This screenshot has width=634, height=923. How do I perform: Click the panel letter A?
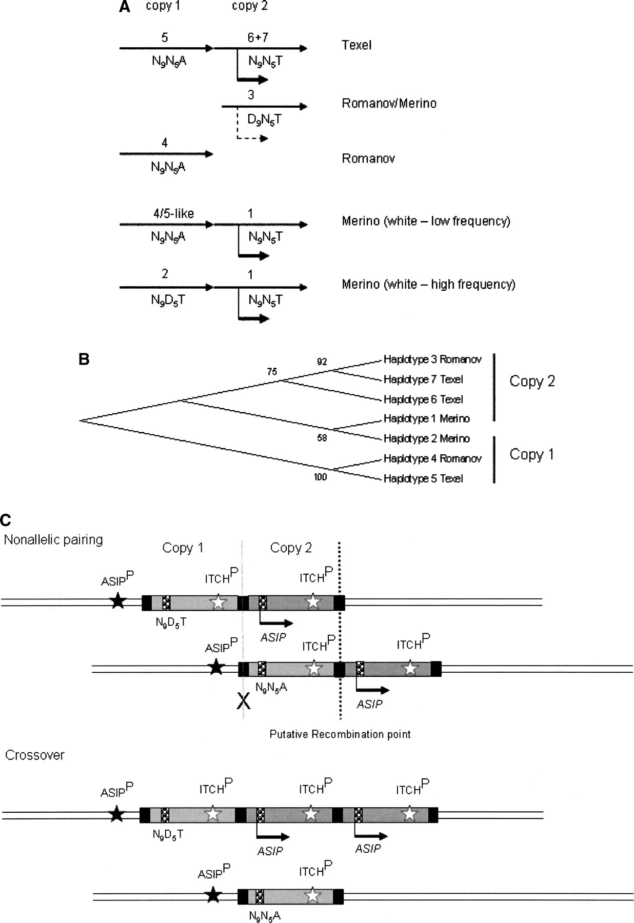[x=124, y=7]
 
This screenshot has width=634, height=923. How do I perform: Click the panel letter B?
[x=84, y=359]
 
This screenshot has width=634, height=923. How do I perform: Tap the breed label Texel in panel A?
[x=356, y=45]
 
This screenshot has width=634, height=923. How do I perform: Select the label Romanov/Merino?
[x=389, y=104]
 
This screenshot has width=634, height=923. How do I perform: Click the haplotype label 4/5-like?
[x=174, y=213]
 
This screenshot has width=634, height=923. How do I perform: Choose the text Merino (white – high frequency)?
[x=428, y=285]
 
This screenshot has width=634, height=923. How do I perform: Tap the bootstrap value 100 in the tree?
[x=320, y=477]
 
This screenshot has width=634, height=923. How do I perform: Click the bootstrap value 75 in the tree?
[x=272, y=372]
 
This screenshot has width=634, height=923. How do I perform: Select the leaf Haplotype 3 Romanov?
[x=432, y=359]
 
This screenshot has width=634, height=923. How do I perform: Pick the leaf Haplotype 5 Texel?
[x=423, y=478]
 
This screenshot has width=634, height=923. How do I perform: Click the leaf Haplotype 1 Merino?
[x=426, y=419]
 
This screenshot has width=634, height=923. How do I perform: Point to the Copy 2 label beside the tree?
[x=532, y=381]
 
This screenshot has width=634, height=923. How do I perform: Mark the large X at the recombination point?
[x=244, y=700]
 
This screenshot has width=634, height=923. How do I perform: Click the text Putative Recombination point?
[x=340, y=734]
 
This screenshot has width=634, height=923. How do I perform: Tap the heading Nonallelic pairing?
[x=53, y=540]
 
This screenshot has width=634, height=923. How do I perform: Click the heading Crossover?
[x=34, y=755]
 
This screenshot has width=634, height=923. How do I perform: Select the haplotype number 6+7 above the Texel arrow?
[x=257, y=37]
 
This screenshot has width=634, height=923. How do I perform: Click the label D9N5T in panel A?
[x=265, y=120]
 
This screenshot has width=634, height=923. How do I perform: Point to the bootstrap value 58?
[x=322, y=438]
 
